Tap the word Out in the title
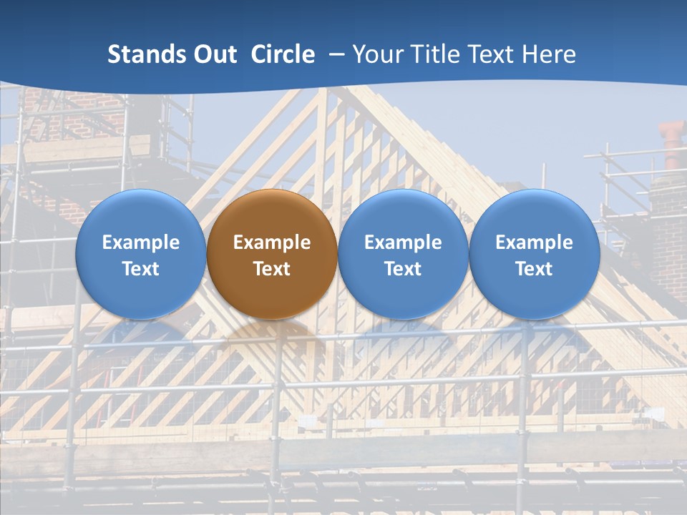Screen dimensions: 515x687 [214, 54]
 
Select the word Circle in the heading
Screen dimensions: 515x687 [283, 54]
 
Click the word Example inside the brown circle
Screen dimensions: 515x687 [272, 242]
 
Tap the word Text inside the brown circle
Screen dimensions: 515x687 [272, 269]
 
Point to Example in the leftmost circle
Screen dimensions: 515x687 [140, 242]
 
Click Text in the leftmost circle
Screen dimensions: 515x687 [140, 269]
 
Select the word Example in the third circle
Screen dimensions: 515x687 [403, 242]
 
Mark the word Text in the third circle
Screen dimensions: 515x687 [403, 269]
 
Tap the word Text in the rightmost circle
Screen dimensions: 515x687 [534, 269]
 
